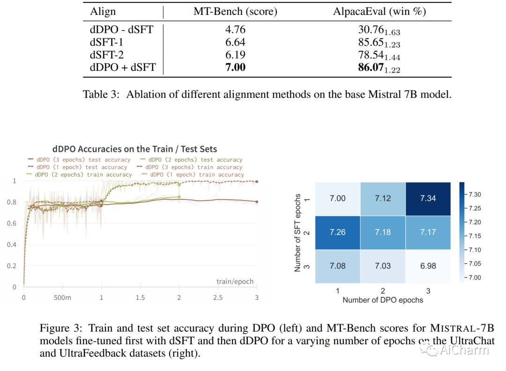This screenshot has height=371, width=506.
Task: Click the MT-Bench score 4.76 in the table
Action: click(x=235, y=30)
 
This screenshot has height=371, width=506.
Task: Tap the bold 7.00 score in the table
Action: click(x=235, y=67)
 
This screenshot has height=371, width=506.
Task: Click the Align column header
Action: click(x=103, y=12)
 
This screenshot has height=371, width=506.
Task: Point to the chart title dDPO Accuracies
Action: click(x=134, y=149)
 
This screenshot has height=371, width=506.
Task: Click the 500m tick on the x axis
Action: click(x=62, y=297)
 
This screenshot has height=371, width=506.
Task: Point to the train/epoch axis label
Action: click(x=235, y=282)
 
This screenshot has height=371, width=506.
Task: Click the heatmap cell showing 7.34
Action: click(x=428, y=198)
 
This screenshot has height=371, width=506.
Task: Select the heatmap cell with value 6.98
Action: click(x=428, y=266)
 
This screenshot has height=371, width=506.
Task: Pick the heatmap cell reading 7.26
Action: click(x=337, y=232)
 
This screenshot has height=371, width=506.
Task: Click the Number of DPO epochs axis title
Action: click(x=382, y=300)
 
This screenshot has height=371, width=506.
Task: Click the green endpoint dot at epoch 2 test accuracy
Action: click(x=179, y=197)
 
